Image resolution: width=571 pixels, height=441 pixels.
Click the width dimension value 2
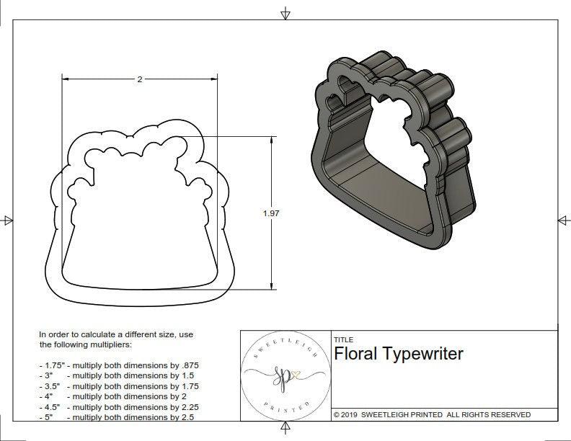pos(139,79)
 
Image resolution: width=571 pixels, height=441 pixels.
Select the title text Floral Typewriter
pos(399,354)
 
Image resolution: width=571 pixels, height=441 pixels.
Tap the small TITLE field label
pos(343,339)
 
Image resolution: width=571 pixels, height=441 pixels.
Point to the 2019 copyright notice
pos(432,414)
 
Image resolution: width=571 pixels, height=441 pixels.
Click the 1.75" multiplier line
pos(118,365)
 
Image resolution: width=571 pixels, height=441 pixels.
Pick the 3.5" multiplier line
pos(118,386)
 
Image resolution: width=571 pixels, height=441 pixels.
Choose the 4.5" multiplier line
pos(118,406)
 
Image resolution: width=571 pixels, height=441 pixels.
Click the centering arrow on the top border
pos(286,13)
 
